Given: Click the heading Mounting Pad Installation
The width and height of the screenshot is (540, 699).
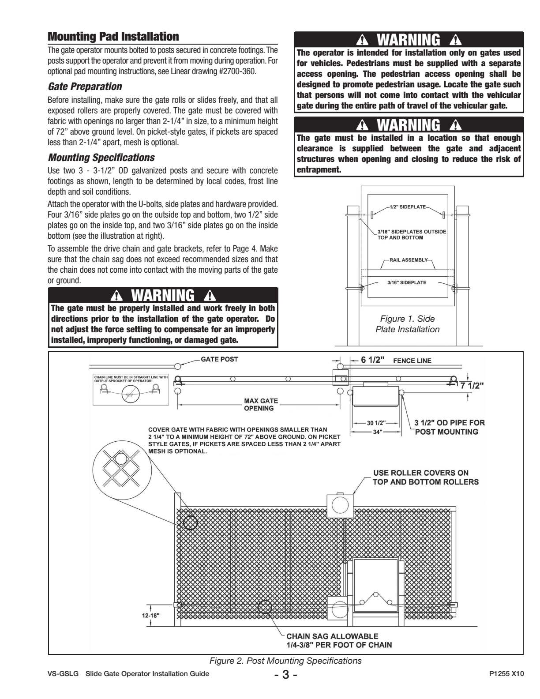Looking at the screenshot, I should [113, 36].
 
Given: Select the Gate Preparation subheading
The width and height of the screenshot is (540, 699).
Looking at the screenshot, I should [85, 86].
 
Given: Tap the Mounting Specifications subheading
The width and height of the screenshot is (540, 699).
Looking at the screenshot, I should [101, 157].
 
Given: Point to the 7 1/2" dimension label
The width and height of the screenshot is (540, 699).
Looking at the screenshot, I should [472, 385].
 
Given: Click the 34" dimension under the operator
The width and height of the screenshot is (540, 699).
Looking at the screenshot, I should [376, 432].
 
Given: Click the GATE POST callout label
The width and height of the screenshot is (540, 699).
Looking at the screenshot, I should [219, 359].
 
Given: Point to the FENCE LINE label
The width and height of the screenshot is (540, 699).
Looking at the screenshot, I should [412, 361].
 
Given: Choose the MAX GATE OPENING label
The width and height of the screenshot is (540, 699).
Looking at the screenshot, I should [260, 404].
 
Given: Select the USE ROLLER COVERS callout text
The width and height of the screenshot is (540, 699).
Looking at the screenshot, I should [420, 477].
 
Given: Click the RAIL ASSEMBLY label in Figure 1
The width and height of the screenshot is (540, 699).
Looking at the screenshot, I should [409, 260].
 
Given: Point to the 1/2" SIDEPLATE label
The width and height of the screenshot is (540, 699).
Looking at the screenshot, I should [407, 207].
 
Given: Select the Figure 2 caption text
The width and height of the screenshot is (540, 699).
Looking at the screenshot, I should [285, 661].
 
